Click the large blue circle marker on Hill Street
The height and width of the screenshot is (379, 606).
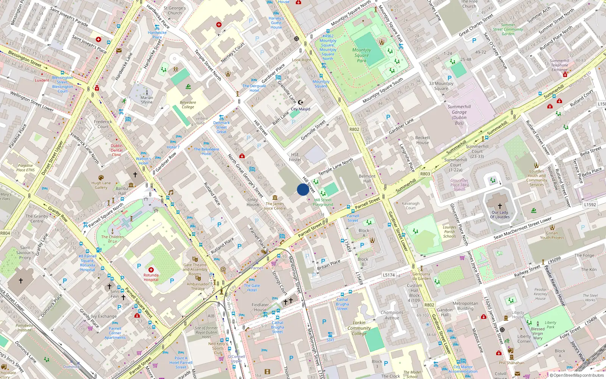(x=303, y=189)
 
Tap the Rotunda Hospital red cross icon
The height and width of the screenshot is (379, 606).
(x=151, y=270)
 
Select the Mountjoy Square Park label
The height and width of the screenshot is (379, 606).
(x=362, y=55)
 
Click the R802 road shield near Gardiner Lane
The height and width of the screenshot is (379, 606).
(x=354, y=129)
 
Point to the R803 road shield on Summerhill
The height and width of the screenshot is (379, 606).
(x=425, y=174)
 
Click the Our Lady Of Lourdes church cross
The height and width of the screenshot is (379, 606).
(x=500, y=206)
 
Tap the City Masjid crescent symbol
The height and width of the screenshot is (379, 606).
(x=301, y=102)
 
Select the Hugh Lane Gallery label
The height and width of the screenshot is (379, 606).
(x=101, y=185)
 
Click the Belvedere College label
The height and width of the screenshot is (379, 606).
(x=188, y=105)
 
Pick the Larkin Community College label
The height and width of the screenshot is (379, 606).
(x=359, y=328)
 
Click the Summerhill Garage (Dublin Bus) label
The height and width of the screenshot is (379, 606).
(x=459, y=115)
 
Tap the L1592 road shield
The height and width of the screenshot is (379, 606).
(x=590, y=205)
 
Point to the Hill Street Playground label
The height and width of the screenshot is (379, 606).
(x=323, y=202)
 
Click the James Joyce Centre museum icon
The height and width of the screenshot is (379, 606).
(x=275, y=198)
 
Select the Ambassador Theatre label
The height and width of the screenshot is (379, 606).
(x=198, y=286)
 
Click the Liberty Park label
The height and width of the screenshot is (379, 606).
(x=550, y=325)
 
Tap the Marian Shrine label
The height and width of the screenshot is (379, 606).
(x=147, y=100)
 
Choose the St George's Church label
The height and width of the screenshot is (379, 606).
(x=175, y=10)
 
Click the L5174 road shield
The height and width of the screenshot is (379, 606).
(x=389, y=275)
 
